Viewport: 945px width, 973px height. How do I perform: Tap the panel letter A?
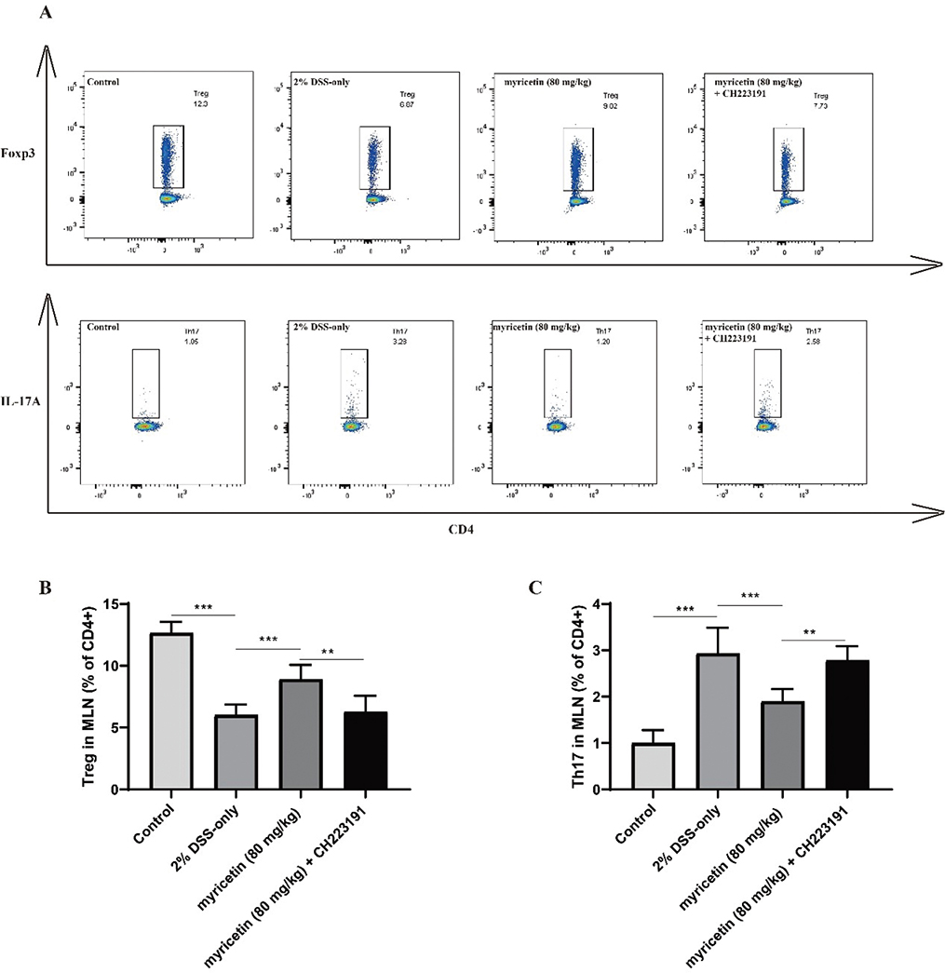44,12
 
